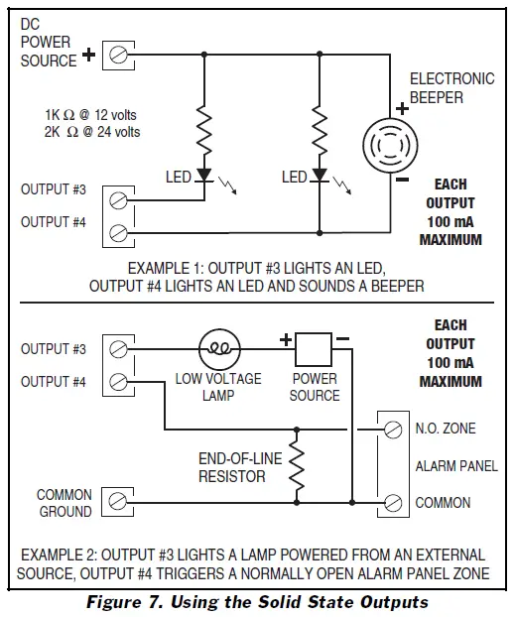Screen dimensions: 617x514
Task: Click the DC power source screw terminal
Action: [118, 55]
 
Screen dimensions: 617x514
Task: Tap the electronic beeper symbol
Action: [385, 146]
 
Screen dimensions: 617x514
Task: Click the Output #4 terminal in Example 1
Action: [118, 232]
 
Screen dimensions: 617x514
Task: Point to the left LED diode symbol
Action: [203, 177]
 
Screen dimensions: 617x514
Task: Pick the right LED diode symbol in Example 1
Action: [320, 177]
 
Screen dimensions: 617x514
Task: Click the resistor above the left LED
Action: [203, 129]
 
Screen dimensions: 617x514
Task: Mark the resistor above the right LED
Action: [320, 129]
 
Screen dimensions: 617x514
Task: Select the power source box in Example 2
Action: [314, 349]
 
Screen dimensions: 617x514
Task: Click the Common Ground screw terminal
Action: [118, 502]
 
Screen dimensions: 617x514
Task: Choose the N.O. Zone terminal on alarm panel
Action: [394, 429]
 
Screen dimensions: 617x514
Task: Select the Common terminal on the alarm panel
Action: [394, 502]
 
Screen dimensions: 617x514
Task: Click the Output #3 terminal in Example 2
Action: [118, 349]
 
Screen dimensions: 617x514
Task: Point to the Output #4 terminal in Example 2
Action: [118, 381]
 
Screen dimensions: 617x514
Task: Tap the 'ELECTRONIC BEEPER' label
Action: [451, 87]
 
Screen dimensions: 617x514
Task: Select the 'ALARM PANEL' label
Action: [456, 465]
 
